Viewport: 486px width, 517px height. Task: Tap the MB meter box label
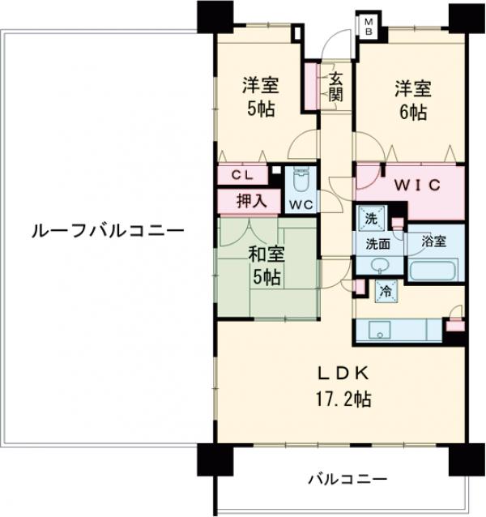point(367,26)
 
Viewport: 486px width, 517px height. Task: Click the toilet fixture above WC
point(302,179)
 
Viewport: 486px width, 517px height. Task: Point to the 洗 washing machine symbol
point(370,217)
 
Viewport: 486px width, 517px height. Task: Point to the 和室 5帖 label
point(265,265)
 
